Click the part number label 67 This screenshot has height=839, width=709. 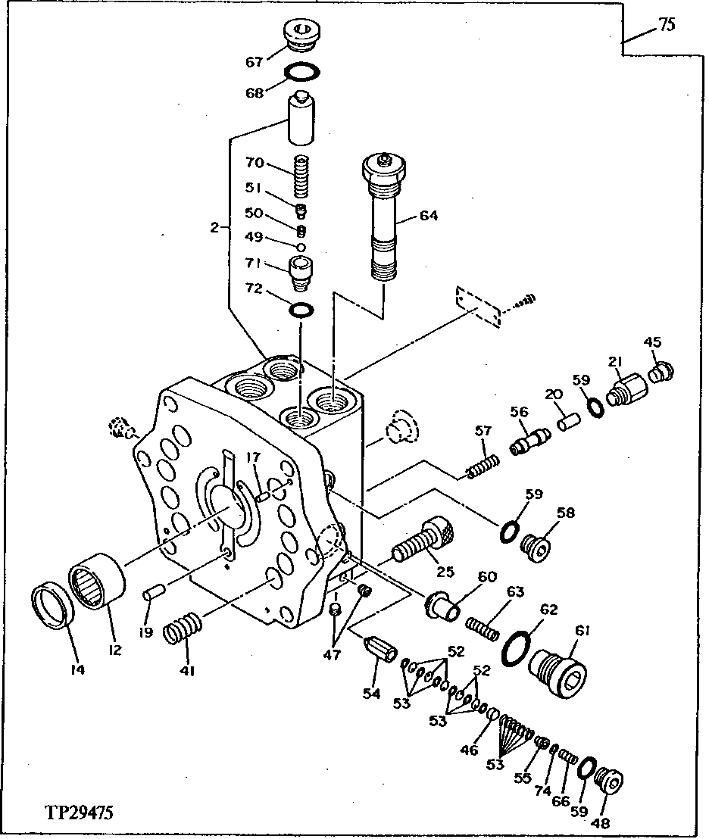click(254, 63)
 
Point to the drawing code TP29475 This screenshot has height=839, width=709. click(79, 814)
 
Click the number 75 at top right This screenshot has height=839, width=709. click(666, 25)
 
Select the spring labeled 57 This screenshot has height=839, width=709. click(483, 467)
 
